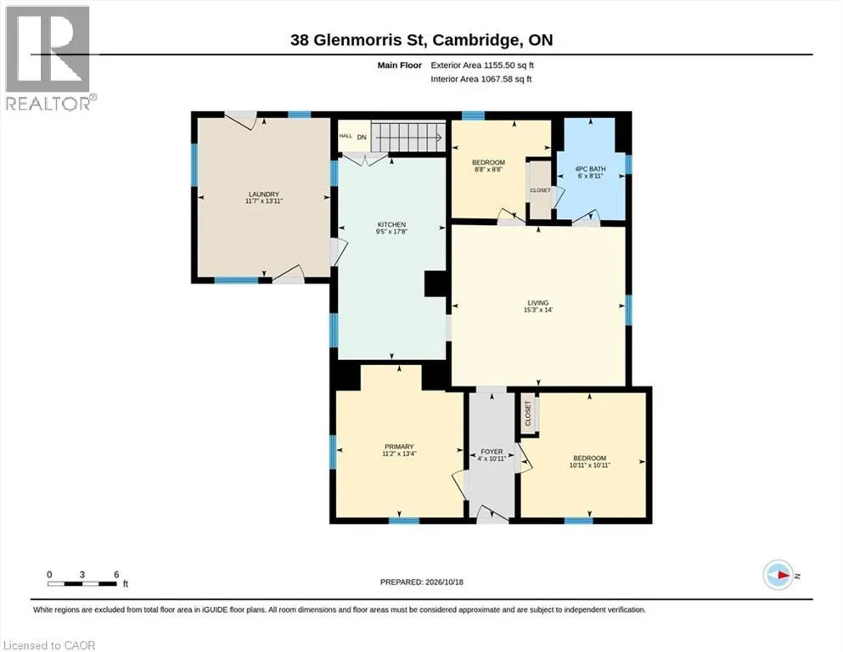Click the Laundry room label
coord(263,194)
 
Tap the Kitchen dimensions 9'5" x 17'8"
coord(391,232)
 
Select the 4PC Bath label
coord(590,169)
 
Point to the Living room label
coord(537,302)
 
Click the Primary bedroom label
coord(399,447)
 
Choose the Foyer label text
coord(492,452)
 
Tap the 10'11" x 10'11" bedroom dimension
coord(590,465)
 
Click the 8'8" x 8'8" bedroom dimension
coord(488,169)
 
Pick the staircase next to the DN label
coord(408,137)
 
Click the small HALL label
coord(346,136)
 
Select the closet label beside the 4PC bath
coord(540,190)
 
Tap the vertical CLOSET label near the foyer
coord(527,413)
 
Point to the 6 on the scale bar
coord(116,574)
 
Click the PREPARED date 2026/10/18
coord(444,582)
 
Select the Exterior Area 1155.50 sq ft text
coord(482,65)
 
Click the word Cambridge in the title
coord(477,40)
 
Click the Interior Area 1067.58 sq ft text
coord(481,79)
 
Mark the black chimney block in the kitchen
coord(436,284)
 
